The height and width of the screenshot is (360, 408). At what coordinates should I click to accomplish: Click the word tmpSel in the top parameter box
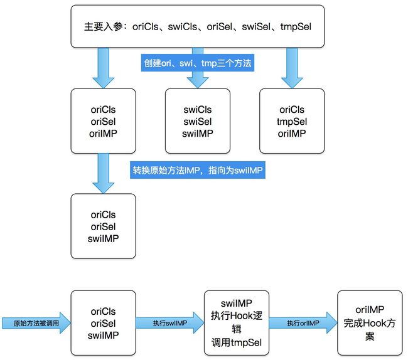[296, 26]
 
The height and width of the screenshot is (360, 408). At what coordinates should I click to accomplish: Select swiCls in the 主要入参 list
[183, 26]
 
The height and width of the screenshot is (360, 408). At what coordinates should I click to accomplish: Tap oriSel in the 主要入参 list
[219, 26]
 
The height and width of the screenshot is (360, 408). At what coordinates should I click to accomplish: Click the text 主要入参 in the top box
[104, 26]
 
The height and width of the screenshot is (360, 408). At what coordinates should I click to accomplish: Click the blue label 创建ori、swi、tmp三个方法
[198, 63]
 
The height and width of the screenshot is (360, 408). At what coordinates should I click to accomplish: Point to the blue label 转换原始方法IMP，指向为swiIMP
[198, 170]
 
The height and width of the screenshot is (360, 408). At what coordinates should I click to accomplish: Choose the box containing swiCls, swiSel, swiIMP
[198, 121]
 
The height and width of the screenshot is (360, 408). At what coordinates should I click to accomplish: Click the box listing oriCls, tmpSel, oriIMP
[292, 121]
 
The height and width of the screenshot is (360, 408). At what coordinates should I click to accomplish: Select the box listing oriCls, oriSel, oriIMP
[104, 121]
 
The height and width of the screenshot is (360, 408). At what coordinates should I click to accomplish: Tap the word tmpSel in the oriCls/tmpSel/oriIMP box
[292, 122]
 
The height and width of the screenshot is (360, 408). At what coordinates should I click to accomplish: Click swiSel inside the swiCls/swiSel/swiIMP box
[198, 122]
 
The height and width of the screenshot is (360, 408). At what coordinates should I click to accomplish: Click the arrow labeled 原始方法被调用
[36, 323]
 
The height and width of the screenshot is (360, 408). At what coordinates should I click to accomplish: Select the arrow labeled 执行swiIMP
[170, 323]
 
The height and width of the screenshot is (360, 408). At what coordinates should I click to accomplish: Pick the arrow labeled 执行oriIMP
[303, 323]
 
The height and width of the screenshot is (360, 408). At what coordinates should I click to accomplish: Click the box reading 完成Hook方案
[370, 323]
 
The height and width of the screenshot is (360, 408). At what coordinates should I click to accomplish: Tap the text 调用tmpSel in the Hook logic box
[237, 342]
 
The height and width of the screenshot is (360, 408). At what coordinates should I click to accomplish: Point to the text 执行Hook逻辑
[237, 322]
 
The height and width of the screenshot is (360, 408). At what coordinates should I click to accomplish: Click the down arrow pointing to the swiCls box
[198, 68]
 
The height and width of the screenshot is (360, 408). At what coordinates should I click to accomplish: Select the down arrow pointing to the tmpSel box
[292, 68]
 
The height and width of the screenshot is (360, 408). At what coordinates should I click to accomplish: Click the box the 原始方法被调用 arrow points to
[104, 323]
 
